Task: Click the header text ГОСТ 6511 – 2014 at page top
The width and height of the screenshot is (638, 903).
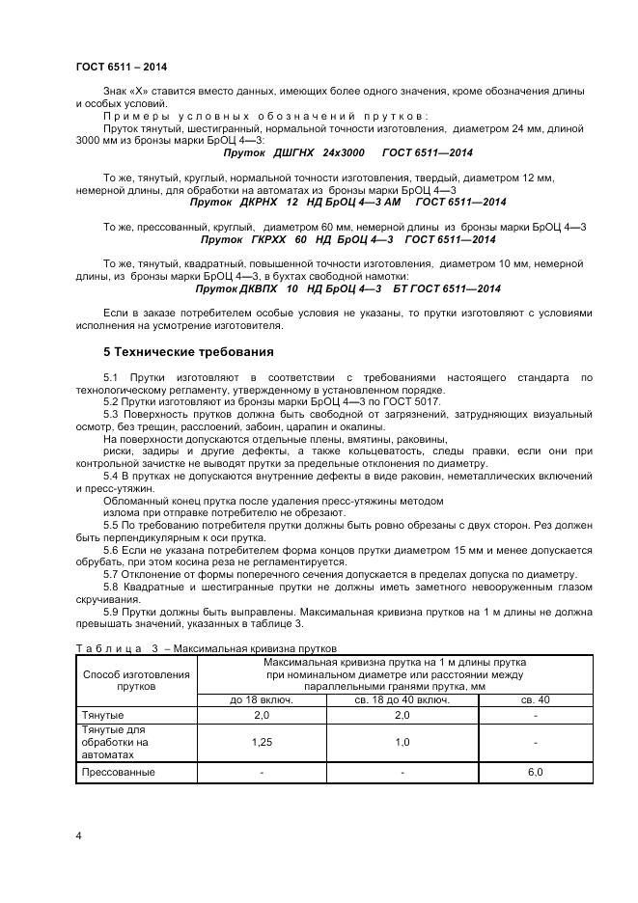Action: (x=121, y=66)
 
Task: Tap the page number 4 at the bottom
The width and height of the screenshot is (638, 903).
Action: (x=78, y=835)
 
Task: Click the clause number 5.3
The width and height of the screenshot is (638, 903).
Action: (x=110, y=413)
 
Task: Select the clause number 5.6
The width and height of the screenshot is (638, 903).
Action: (x=110, y=548)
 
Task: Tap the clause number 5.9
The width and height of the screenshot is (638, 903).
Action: (x=110, y=612)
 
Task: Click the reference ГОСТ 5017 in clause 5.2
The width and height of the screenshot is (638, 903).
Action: (x=415, y=400)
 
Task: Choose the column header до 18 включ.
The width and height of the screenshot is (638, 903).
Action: (x=261, y=699)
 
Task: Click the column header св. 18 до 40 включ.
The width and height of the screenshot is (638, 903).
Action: (x=402, y=699)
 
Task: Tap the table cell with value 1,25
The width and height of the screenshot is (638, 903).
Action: (x=261, y=743)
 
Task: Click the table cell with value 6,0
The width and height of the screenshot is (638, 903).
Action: (x=536, y=773)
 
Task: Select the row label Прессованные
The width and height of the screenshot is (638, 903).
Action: (x=118, y=773)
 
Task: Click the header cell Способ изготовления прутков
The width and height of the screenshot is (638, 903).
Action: (x=136, y=681)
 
